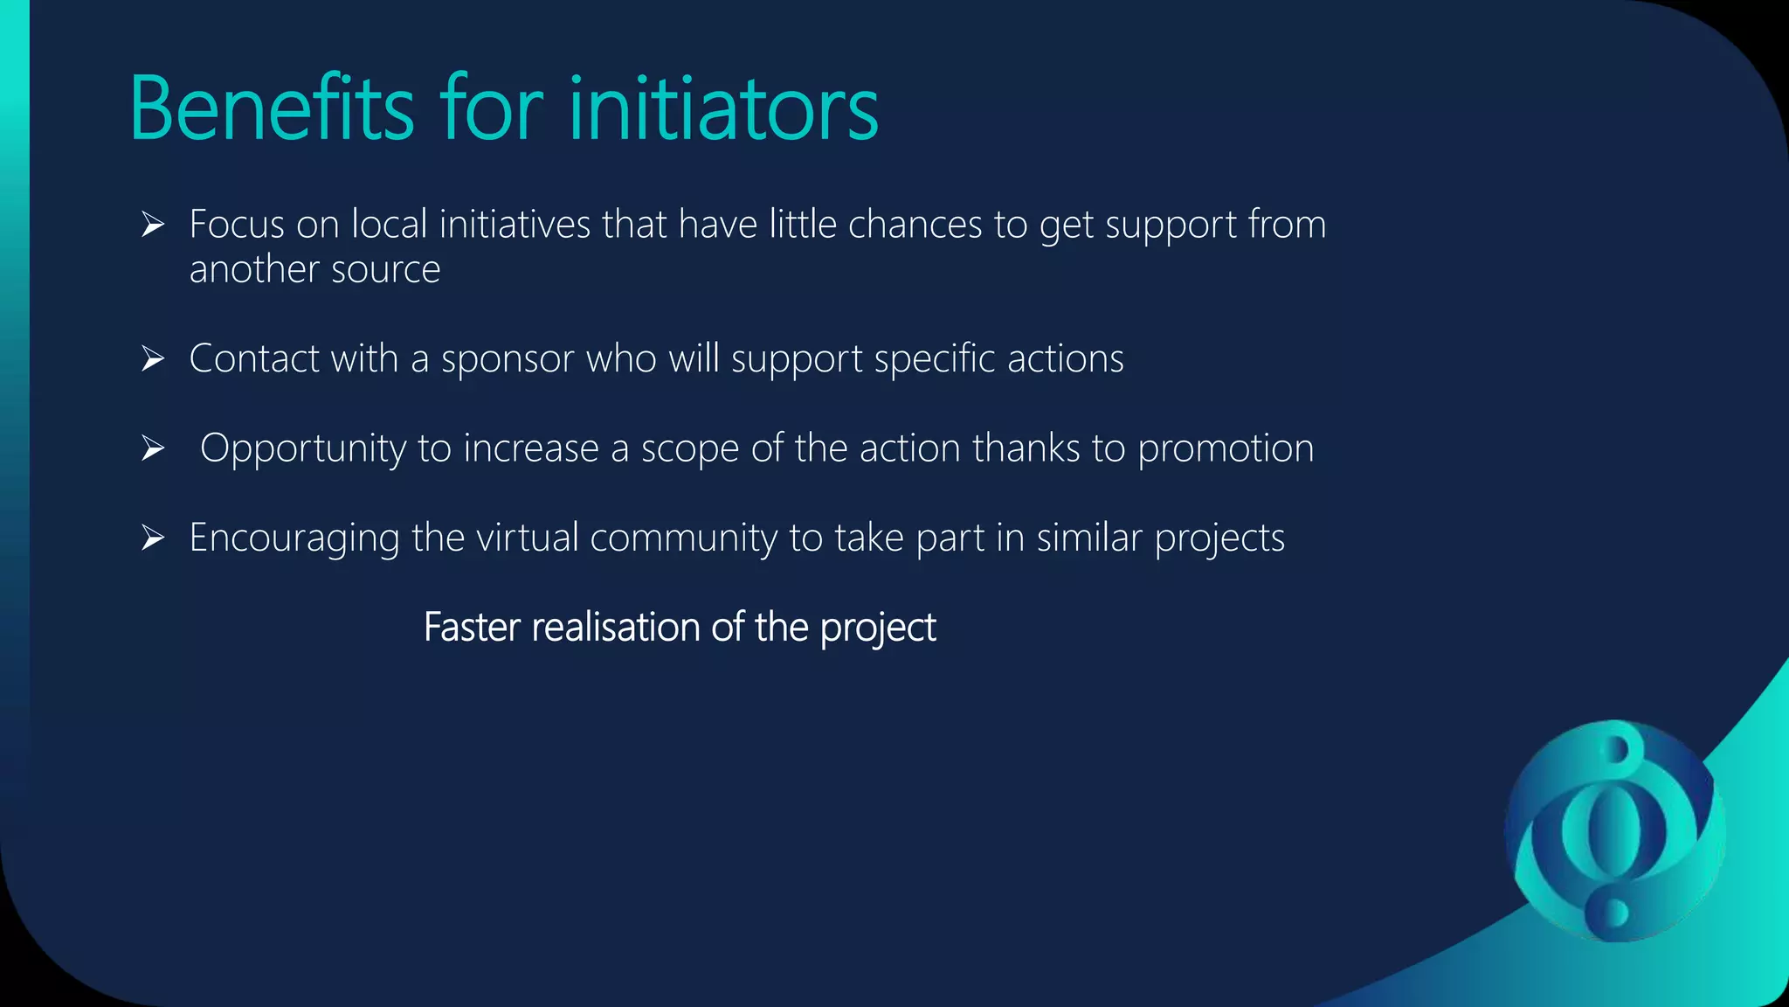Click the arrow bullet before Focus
(x=153, y=226)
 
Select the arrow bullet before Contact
(x=153, y=359)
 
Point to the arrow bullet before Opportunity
(x=153, y=449)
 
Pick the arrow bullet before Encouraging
(x=153, y=538)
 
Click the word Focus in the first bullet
(x=237, y=225)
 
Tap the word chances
(x=915, y=225)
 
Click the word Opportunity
(x=303, y=449)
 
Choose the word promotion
(x=1226, y=449)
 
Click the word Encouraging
(x=294, y=538)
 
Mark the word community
(x=683, y=538)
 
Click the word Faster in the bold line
(x=472, y=627)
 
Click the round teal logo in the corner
(x=1614, y=830)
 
